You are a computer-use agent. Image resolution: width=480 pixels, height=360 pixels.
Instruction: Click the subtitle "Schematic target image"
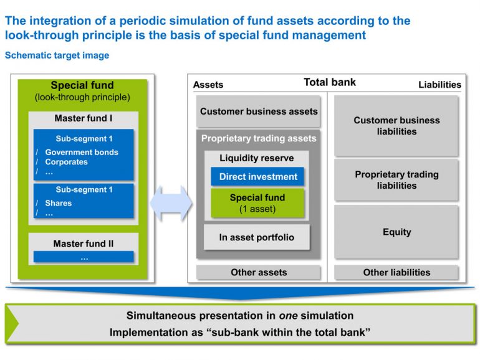[x=57, y=55]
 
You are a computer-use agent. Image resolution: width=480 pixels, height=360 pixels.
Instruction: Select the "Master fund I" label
[x=83, y=118]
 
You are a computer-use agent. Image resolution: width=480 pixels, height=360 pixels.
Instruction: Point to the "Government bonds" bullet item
[x=81, y=152]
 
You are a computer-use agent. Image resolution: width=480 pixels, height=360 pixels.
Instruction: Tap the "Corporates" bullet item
[x=66, y=162]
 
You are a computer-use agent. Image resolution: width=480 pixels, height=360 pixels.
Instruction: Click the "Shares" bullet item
[x=58, y=203]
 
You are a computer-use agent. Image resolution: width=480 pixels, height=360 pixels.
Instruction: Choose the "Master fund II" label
[x=83, y=244]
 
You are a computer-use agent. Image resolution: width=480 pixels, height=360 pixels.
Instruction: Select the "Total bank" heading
[x=330, y=82]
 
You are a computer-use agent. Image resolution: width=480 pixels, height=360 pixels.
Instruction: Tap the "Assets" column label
[x=208, y=85]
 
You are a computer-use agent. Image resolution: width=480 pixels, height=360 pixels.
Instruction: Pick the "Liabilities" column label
[x=439, y=85]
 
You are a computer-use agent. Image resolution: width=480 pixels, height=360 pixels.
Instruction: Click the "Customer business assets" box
[x=259, y=111]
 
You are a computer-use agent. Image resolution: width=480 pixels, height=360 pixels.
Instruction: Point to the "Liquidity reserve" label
[x=256, y=158]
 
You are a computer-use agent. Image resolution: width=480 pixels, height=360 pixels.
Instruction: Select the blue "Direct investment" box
[x=258, y=177]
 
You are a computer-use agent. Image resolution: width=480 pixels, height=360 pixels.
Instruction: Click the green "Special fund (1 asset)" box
[x=257, y=203]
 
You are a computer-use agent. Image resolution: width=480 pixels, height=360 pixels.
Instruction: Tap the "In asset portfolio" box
[x=256, y=237]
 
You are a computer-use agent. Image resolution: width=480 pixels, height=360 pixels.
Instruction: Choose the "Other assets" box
[x=259, y=272]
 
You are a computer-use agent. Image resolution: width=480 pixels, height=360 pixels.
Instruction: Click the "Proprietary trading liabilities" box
[x=396, y=180]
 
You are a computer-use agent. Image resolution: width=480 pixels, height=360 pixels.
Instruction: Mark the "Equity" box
[x=396, y=232]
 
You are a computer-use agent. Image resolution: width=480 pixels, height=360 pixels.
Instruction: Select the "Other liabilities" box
[x=396, y=272]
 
